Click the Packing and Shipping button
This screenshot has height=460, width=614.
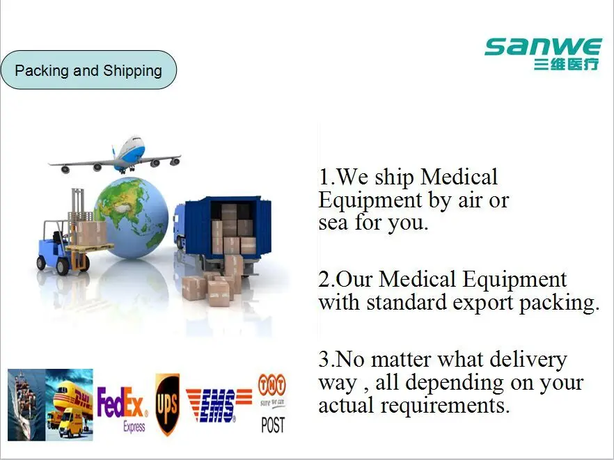[x=88, y=70]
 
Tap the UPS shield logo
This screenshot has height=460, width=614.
[x=167, y=404]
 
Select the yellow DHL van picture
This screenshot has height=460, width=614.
[x=70, y=404]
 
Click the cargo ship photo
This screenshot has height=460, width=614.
[x=26, y=404]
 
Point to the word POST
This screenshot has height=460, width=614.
[x=272, y=425]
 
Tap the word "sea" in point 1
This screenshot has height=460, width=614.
[x=333, y=223]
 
